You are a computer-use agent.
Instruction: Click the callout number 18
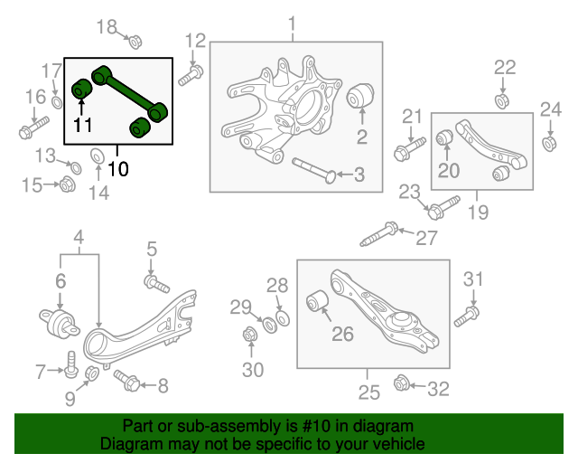pos(107,26)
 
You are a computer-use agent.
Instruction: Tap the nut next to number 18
pos(134,40)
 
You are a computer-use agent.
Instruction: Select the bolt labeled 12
pos(190,76)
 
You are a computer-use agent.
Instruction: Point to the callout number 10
pos(118,168)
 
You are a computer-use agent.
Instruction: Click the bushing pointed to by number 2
pos(361,94)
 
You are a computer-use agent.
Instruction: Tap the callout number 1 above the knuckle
pos(292,22)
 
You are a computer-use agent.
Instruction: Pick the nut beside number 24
pos(549,143)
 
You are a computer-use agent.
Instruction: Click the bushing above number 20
pos(445,137)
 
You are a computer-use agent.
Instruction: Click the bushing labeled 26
pos(318,300)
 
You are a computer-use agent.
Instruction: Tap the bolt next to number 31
pos(467,315)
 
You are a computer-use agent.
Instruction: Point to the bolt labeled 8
pos(126,383)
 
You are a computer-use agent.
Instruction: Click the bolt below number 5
pos(156,284)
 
